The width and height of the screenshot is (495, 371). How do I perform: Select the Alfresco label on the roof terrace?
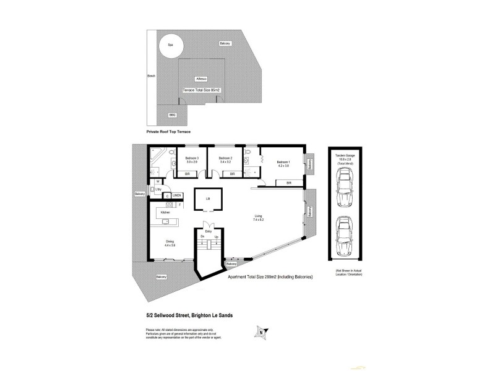pyautogui.click(x=201, y=79)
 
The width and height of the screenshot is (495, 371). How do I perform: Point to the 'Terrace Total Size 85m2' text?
pyautogui.click(x=202, y=90)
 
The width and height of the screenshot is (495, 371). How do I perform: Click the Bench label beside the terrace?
pyautogui.click(x=150, y=76)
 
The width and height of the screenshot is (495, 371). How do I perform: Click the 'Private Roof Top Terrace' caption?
pyautogui.click(x=168, y=132)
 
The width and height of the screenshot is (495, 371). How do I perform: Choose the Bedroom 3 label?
pyautogui.click(x=192, y=159)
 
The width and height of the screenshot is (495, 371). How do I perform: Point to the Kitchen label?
pyautogui.click(x=165, y=212)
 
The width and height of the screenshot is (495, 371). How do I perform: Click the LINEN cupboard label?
pyautogui.click(x=176, y=195)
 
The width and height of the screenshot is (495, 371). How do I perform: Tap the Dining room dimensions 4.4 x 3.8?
pyautogui.click(x=170, y=245)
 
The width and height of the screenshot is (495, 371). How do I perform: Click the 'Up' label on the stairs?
pyautogui.click(x=216, y=236)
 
